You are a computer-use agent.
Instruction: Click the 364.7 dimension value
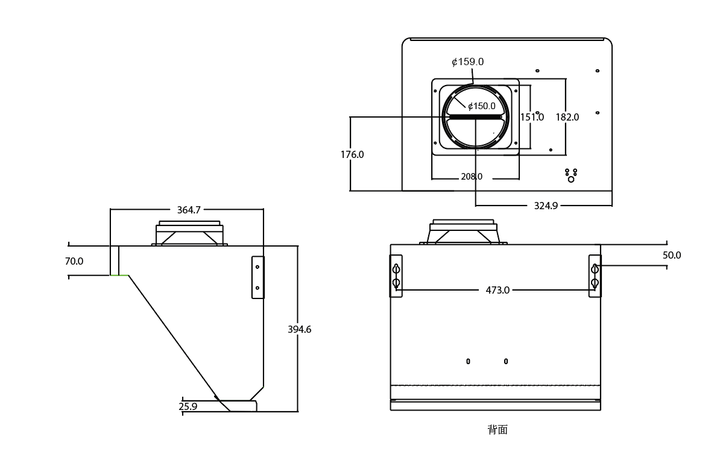coord(189,210)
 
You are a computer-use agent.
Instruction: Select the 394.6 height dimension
coord(299,329)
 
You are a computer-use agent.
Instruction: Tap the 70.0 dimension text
coord(74,261)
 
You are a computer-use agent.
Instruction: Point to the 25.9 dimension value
coord(188,406)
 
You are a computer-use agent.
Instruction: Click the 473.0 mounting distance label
coord(498,290)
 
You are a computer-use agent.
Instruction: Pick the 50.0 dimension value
coord(672,256)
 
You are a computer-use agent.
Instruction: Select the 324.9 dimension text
coord(546,206)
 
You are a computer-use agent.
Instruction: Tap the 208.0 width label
coord(472,177)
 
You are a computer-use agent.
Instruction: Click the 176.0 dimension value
coord(352,155)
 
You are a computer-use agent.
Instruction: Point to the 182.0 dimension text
coord(567,118)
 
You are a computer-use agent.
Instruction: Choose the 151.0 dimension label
coord(532,118)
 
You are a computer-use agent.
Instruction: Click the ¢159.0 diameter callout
coord(467,61)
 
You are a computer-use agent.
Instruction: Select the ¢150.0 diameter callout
coord(481,106)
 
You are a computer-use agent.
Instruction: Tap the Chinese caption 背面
coord(498,430)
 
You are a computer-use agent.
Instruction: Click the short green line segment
coord(119,276)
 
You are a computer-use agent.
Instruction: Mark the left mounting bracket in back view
coord(396,276)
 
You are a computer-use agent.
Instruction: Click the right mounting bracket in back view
coord(595,276)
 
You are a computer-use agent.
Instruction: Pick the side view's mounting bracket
coord(257,277)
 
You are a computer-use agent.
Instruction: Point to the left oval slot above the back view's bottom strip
coord(468,361)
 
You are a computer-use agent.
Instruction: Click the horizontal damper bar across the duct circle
coord(475,117)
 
